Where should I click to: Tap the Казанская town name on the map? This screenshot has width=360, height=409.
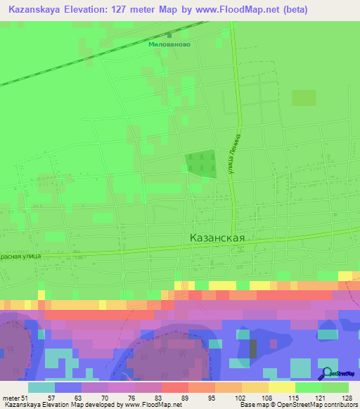tap(217, 238)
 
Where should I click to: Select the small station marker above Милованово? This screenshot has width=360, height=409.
tap(169, 34)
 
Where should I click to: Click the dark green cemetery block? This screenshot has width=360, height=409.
tap(200, 164)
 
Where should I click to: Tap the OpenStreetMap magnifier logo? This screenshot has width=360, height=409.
tap(327, 374)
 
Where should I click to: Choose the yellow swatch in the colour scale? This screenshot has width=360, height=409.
tap(282, 388)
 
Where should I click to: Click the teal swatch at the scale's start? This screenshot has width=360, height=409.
tap(41, 388)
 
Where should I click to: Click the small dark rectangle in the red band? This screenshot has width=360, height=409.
tap(253, 348)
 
